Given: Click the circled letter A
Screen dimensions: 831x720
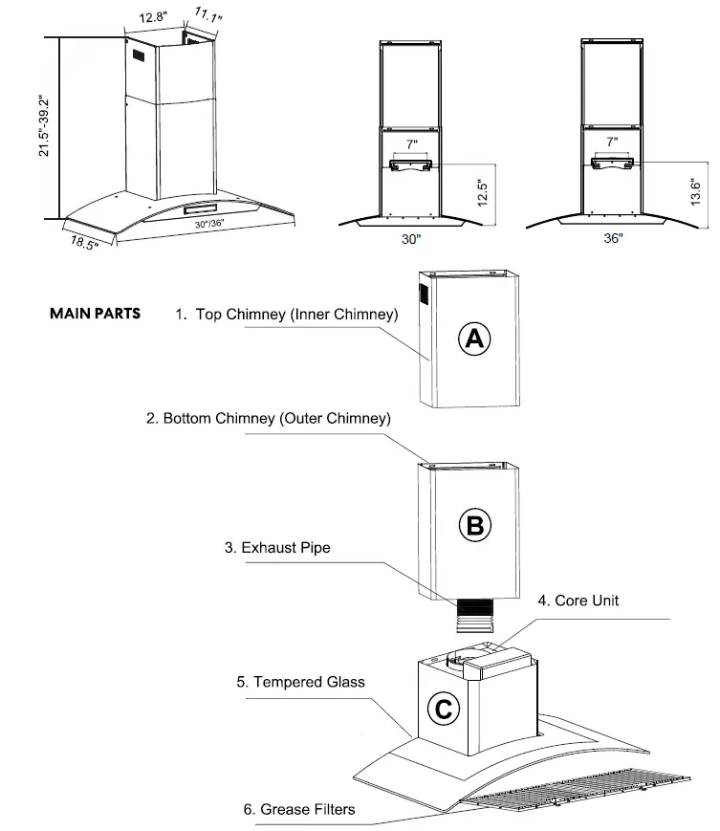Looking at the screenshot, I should (475, 339).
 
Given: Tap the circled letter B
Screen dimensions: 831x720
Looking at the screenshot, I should (475, 524).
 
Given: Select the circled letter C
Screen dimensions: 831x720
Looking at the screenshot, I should (443, 709).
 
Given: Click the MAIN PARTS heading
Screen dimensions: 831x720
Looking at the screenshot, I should (95, 314).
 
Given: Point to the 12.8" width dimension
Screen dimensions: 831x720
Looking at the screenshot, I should (154, 17).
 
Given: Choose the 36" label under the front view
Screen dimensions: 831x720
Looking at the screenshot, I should (613, 239).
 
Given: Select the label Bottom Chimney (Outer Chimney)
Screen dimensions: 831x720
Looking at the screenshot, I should (268, 419).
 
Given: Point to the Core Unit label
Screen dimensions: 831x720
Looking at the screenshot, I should (578, 601).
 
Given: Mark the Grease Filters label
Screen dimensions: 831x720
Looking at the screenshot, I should (298, 809).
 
